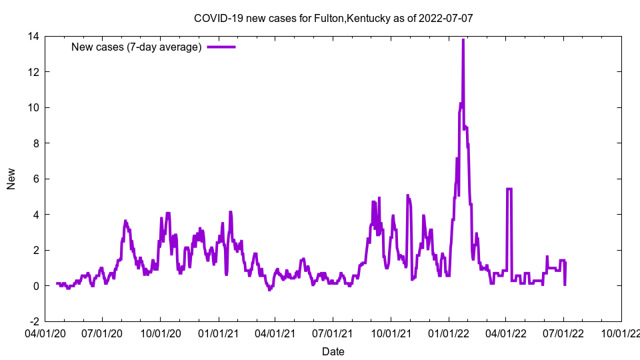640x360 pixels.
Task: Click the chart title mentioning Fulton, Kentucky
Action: click(333, 18)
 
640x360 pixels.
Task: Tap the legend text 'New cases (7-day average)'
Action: click(136, 47)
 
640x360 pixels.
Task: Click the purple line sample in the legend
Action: click(221, 47)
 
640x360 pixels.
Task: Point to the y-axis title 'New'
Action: click(11, 179)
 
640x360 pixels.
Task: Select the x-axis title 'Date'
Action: click(333, 351)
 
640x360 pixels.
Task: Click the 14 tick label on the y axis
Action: click(33, 36)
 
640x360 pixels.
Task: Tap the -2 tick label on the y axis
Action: click(33, 321)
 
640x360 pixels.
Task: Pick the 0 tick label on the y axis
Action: click(35, 285)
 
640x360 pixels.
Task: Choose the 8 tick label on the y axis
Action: click(35, 143)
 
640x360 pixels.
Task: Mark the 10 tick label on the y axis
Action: click(33, 107)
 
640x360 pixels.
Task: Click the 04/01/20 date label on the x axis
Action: click(45, 331)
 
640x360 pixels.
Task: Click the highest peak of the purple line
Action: click(463, 40)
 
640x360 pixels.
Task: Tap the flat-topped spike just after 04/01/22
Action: click(509, 189)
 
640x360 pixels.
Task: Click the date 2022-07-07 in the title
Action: click(447, 18)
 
